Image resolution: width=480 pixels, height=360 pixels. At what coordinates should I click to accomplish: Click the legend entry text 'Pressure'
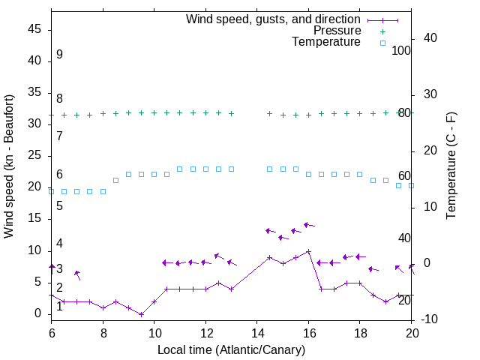coord(337,31)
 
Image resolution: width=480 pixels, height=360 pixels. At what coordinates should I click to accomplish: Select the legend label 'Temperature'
coord(326,42)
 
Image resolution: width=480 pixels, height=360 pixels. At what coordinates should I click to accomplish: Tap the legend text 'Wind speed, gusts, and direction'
coord(274,19)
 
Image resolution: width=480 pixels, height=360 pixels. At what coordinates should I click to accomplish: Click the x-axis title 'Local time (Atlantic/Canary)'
coord(231,350)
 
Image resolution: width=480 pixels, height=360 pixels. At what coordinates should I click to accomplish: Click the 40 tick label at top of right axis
coord(431,38)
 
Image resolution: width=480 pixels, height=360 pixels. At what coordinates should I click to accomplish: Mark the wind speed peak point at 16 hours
coord(308,251)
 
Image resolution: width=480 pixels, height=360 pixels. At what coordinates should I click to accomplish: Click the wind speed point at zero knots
coord(141,314)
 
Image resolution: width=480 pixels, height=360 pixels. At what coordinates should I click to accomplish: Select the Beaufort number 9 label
coord(59,55)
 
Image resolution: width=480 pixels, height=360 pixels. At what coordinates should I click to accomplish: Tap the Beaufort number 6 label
coord(59,175)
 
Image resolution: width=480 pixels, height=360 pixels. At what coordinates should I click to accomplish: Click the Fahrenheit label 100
coord(401,50)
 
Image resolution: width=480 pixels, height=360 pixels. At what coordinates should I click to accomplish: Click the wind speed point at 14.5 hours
coord(269,257)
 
